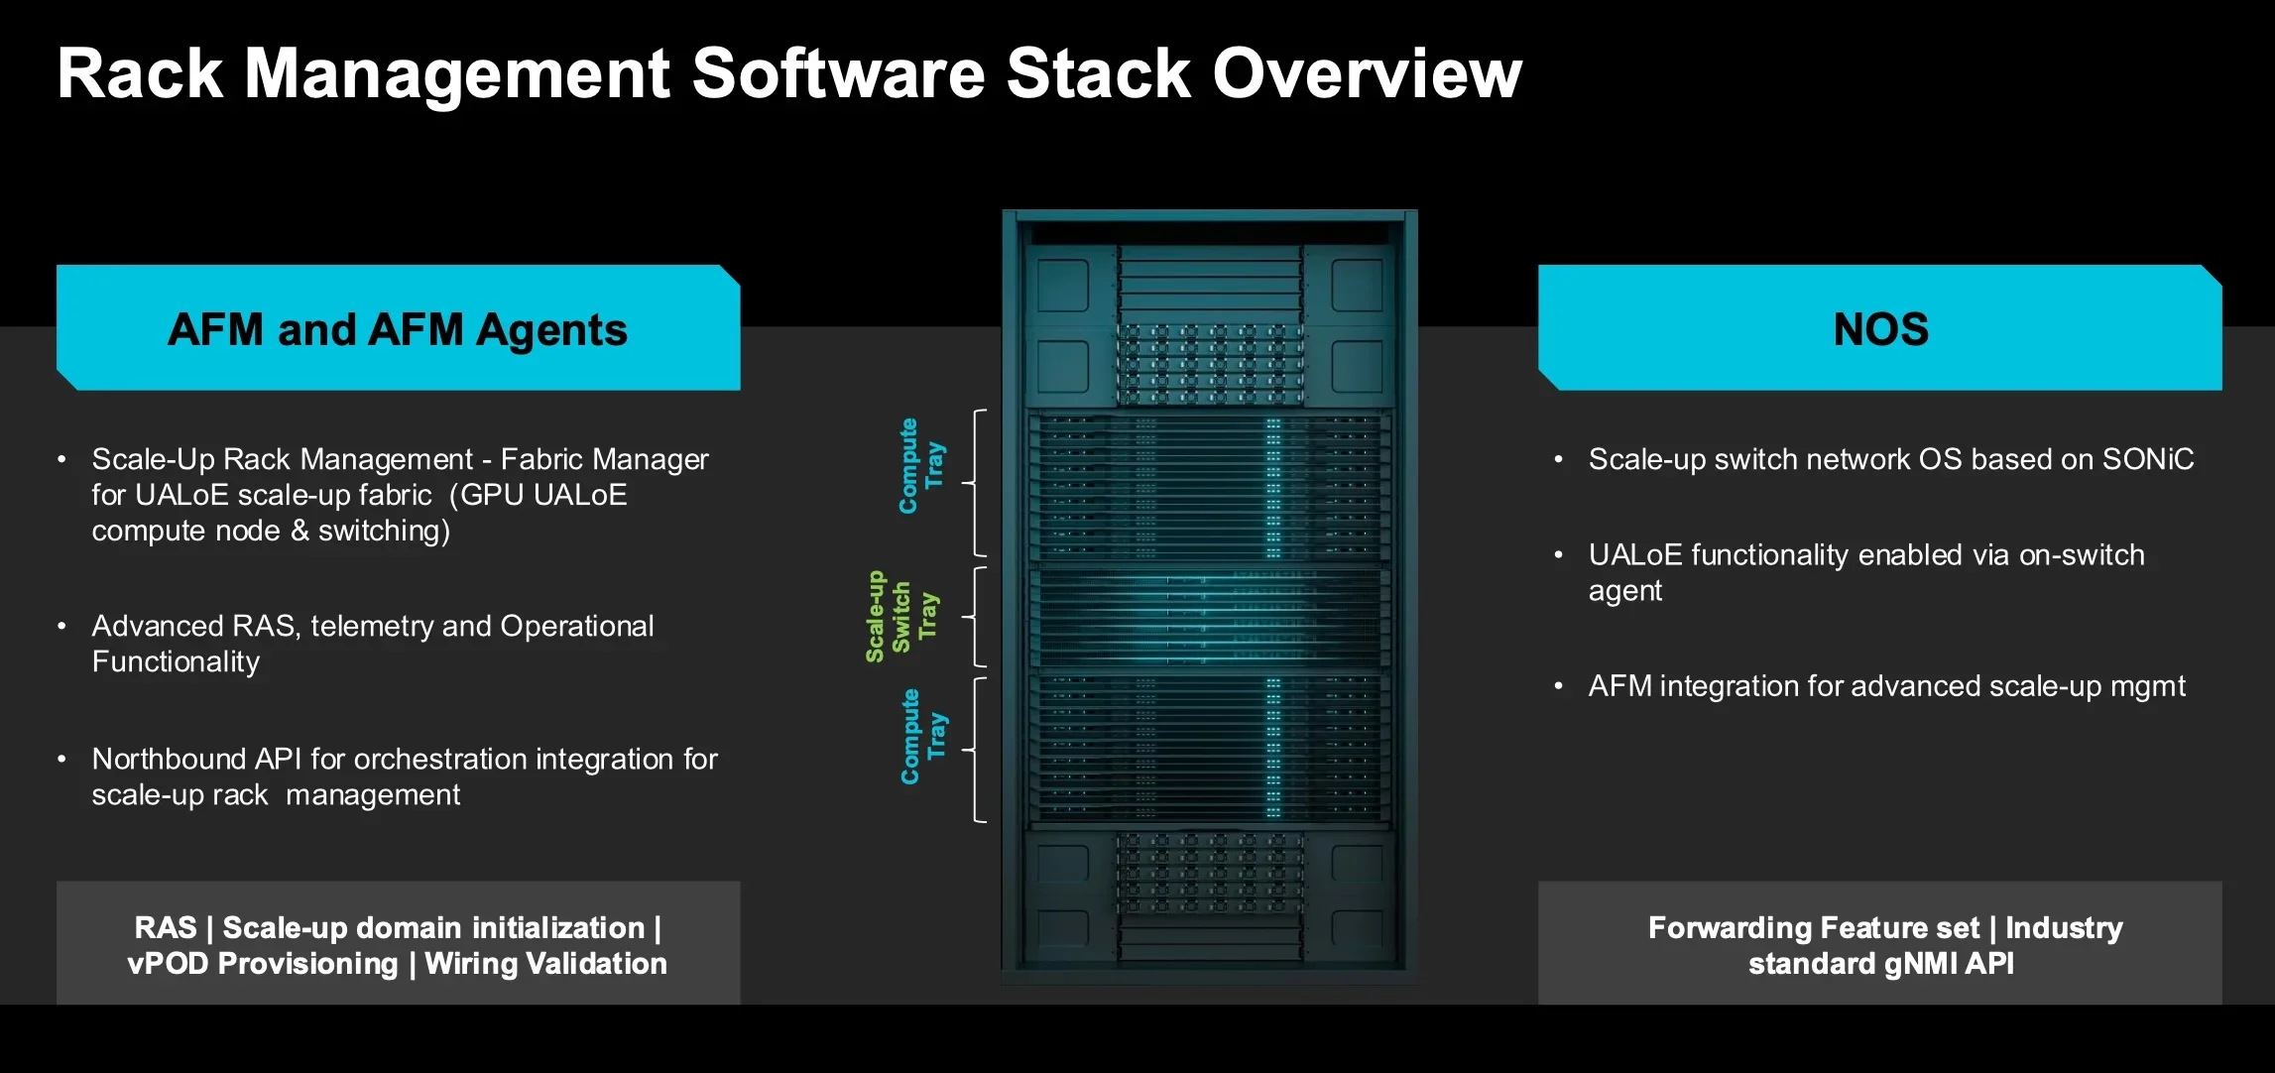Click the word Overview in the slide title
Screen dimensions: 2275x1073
(x=1367, y=73)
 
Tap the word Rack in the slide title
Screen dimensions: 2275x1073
(x=140, y=73)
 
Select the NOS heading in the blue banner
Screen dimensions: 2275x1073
(x=1880, y=329)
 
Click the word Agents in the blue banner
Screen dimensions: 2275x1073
(x=551, y=330)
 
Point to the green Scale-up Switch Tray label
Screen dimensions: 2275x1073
(x=901, y=617)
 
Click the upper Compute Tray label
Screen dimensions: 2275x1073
(x=921, y=466)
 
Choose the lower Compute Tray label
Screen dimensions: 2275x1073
(x=923, y=737)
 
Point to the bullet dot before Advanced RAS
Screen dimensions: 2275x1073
(x=61, y=626)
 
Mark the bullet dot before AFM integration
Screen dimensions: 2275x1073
(x=1558, y=685)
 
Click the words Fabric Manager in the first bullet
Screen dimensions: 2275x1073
(x=605, y=459)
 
